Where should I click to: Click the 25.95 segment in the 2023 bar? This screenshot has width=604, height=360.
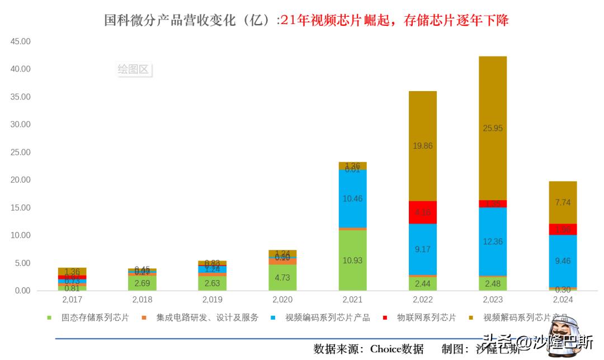493,128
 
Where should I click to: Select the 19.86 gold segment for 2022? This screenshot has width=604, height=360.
422,146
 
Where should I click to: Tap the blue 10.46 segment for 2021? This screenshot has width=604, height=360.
352,198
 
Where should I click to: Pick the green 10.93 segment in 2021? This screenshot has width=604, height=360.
352,260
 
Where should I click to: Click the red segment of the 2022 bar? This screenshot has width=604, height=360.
422,212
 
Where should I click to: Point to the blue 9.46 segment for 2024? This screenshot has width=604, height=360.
563,260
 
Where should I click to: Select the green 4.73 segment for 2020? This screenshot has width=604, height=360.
282,278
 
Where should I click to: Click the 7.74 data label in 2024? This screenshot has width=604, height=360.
563,202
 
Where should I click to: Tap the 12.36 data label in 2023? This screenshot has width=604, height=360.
493,241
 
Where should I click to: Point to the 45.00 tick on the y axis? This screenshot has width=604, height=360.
21,41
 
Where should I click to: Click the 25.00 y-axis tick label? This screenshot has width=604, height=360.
21,152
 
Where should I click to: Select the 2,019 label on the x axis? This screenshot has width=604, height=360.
213,300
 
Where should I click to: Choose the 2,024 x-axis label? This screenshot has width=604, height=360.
563,300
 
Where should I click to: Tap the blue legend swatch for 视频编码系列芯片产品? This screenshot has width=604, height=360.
272,318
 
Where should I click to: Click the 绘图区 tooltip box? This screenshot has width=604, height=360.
133,69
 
